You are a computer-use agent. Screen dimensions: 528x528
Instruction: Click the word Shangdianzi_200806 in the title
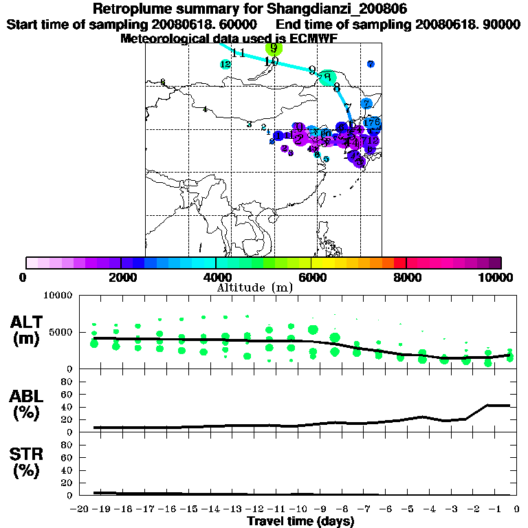coord(336,10)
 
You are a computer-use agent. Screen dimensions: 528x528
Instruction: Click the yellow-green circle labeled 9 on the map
coord(274,48)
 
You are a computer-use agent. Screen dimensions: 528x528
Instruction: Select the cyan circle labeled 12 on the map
coord(225,65)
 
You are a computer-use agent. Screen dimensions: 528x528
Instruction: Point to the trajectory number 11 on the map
coord(239,54)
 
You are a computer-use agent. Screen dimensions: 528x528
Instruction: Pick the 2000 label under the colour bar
coord(120,277)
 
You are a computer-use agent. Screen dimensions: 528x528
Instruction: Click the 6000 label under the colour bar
coord(311,277)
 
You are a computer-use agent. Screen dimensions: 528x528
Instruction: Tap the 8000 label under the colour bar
coord(406,277)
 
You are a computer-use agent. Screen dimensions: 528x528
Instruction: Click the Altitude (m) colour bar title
coord(255,287)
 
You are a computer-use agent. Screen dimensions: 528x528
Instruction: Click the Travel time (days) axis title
coord(300,522)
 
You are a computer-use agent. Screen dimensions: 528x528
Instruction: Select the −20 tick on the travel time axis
coord(81,509)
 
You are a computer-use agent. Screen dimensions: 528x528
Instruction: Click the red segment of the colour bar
coord(399,263)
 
